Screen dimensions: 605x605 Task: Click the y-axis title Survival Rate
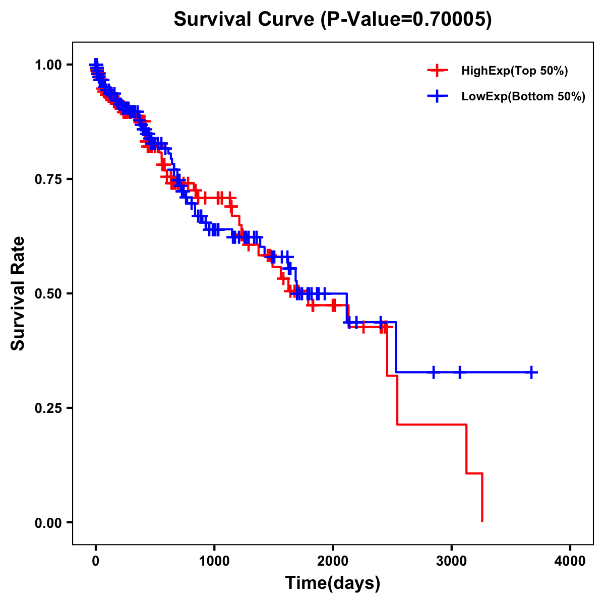18,293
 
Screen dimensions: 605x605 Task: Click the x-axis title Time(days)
332,583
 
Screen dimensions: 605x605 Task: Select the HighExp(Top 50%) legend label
514,71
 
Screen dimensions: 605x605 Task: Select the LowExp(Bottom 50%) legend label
523,97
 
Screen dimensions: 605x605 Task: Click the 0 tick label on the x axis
96,561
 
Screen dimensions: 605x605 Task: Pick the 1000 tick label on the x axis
214,561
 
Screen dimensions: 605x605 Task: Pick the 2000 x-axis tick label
333,561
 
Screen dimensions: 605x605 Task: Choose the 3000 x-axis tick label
452,561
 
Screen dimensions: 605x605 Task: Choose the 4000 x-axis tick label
570,561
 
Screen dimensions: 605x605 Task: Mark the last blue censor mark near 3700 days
531,373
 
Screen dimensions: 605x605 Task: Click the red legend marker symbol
437,71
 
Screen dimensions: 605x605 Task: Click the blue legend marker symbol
437,97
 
